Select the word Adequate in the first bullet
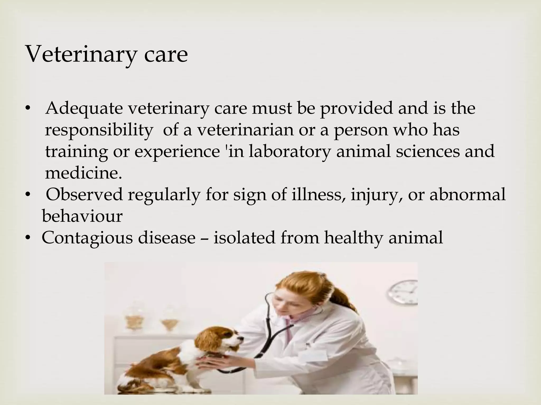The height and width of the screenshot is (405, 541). [x=84, y=109]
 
